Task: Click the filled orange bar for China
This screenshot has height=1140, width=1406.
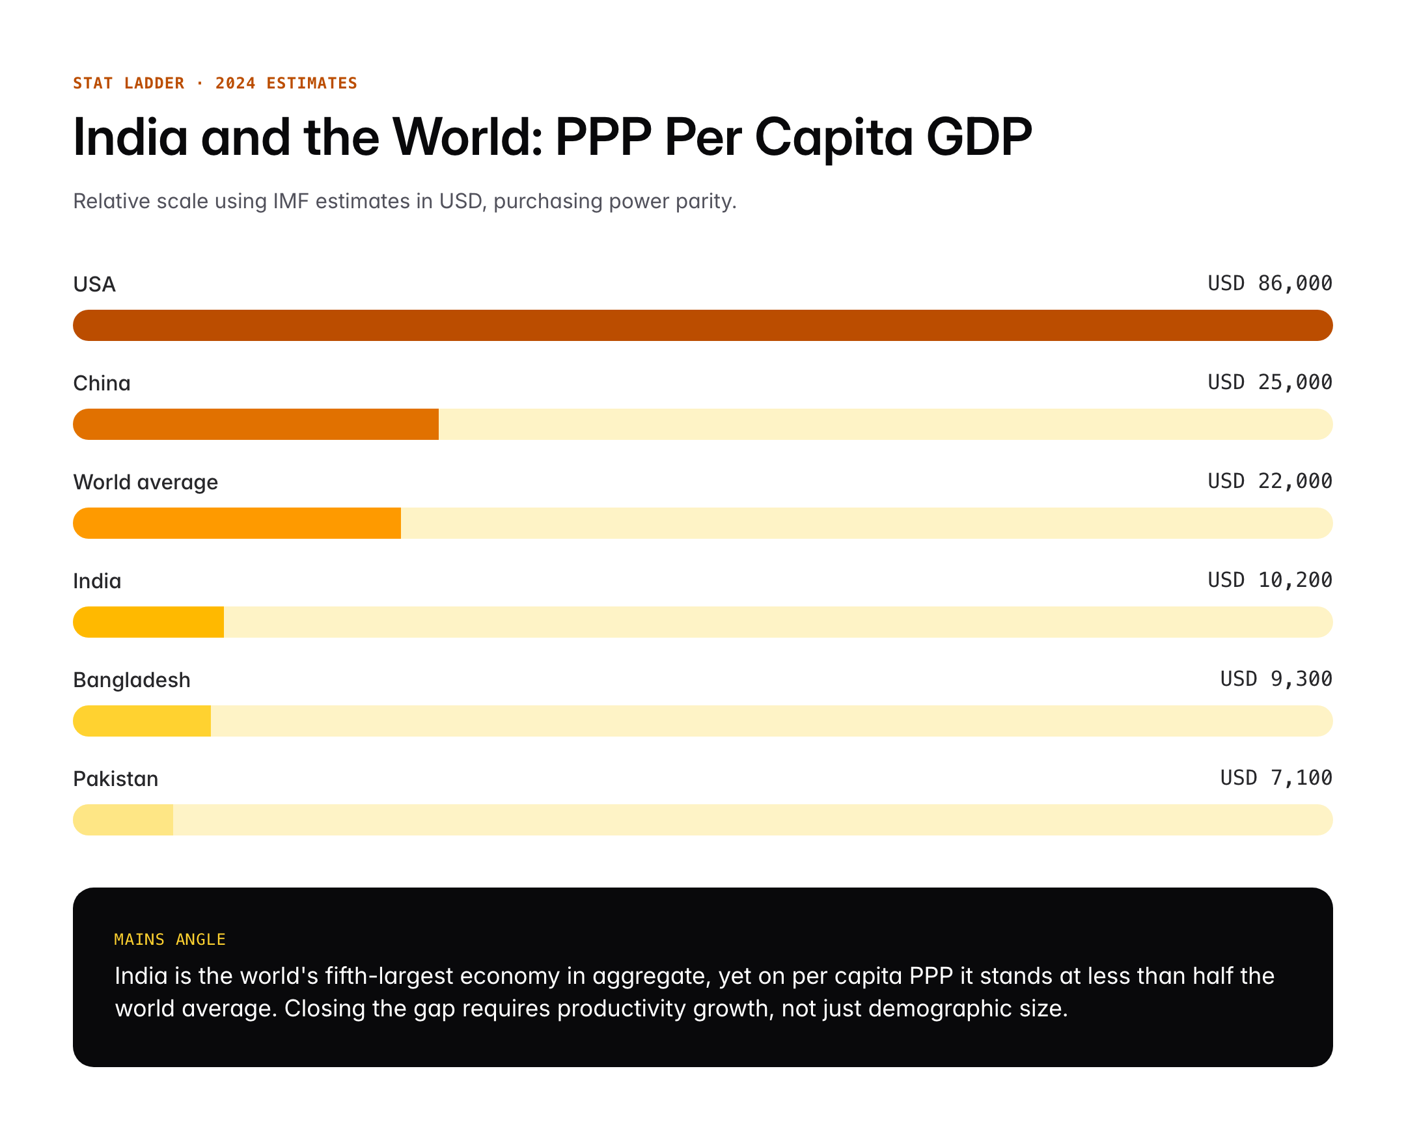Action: pos(256,424)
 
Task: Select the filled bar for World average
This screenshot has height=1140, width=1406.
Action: pos(236,523)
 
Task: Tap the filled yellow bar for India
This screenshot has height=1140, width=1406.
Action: pos(148,622)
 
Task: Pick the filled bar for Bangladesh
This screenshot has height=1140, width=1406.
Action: pos(142,721)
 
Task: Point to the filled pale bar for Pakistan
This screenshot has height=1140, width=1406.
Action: pos(124,820)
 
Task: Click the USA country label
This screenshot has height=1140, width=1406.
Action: pos(94,284)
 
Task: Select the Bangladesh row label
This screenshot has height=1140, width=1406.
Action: pos(131,680)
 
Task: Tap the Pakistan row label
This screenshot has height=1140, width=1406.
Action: pos(116,779)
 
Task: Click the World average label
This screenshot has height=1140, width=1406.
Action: pos(145,482)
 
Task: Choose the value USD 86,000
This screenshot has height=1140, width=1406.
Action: pos(1269,283)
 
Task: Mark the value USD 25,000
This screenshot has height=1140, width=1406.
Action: pos(1269,382)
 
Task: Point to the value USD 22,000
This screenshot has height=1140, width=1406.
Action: pos(1269,482)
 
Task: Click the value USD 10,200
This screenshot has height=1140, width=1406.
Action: pos(1269,580)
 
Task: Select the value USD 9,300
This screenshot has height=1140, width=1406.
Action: pos(1275,679)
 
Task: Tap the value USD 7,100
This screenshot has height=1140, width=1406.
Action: pos(1275,778)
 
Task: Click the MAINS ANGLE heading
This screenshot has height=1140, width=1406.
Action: pos(169,939)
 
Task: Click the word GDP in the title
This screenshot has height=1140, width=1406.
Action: pos(978,137)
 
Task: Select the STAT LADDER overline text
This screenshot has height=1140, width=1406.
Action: pos(129,83)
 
